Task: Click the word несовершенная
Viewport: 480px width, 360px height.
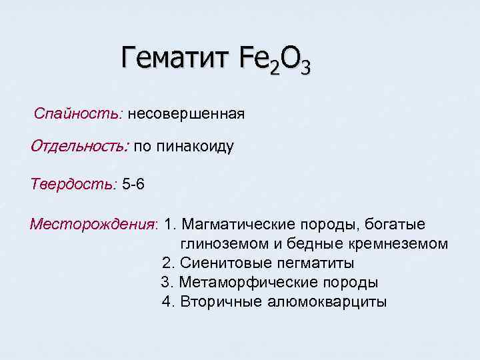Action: click(x=187, y=114)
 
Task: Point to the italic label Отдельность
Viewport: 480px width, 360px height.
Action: click(x=79, y=147)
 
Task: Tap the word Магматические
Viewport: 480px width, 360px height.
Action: click(x=237, y=224)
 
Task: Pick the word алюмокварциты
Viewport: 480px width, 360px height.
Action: click(x=327, y=302)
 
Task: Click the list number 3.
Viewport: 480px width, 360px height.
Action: click(x=166, y=283)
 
